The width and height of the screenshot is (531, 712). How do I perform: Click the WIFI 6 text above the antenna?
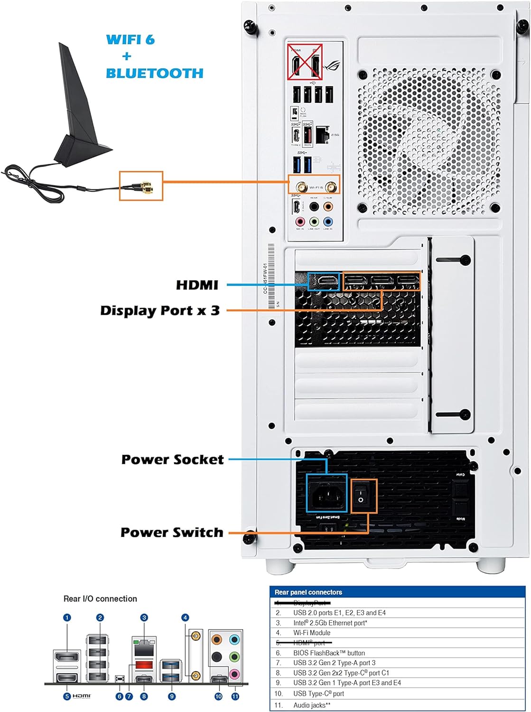[130, 39]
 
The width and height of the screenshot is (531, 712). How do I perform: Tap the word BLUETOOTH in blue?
[154, 73]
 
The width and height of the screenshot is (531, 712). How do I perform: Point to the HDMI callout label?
[197, 285]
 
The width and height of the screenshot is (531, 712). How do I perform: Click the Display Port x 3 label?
[160, 310]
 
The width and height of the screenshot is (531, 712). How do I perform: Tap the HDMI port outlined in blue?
[324, 281]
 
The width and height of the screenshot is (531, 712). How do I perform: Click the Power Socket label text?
[172, 459]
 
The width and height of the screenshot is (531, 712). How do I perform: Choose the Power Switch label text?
[172, 533]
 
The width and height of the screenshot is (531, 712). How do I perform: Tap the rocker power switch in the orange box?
[363, 497]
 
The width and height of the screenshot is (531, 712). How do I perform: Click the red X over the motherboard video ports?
[305, 61]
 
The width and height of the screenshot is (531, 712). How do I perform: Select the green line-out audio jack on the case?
[314, 221]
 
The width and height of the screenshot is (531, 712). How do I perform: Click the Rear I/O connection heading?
[100, 599]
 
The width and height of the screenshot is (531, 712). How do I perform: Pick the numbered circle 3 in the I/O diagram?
[144, 618]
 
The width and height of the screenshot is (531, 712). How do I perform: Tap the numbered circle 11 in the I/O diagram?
[235, 696]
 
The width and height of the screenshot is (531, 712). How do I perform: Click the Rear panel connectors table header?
[308, 592]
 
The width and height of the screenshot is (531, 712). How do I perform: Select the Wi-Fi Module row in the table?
[311, 633]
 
